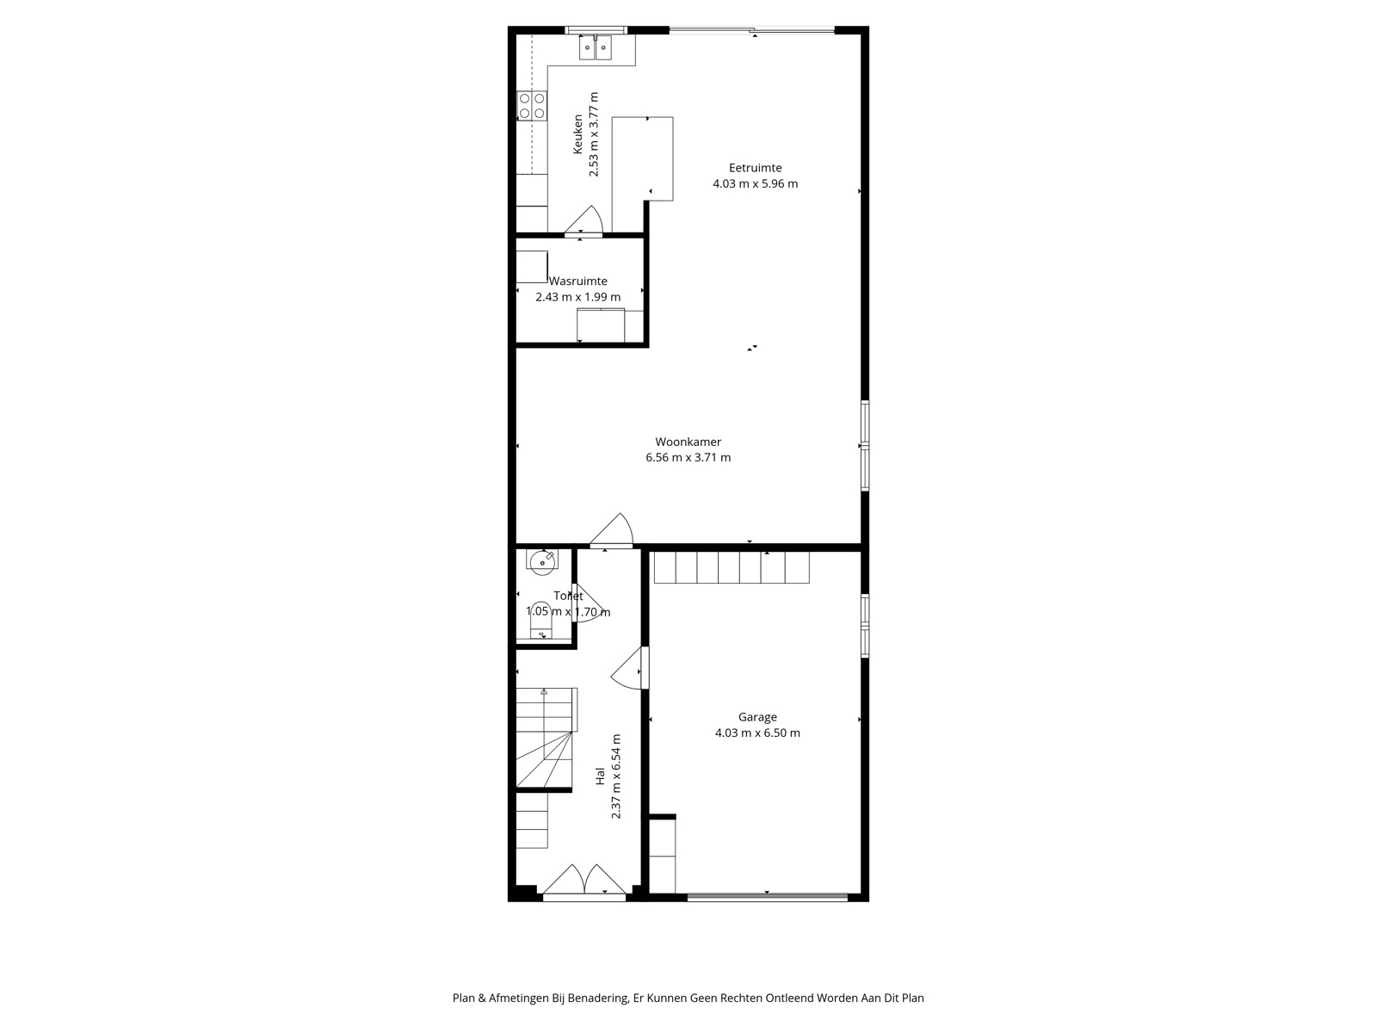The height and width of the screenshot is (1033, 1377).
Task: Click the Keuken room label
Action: tap(577, 133)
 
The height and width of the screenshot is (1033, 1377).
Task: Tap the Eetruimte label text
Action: tap(756, 168)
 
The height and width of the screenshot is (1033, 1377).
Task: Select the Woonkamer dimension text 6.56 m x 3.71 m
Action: tap(688, 458)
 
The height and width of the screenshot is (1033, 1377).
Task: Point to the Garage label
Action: tap(757, 717)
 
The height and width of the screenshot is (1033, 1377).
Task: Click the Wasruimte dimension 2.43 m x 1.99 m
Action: tap(577, 297)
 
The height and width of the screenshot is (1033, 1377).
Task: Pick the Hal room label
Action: tap(600, 776)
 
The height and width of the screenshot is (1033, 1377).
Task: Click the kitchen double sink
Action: tap(595, 47)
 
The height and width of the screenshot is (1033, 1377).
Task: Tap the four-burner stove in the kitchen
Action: tap(531, 106)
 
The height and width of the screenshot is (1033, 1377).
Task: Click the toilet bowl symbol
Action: tap(539, 620)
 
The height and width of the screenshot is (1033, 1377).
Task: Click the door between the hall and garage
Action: tap(629, 669)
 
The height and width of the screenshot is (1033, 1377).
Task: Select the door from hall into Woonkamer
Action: tap(611, 530)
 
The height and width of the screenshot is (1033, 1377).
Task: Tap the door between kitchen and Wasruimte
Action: tap(584, 220)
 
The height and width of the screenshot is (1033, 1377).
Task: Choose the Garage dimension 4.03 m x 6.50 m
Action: tap(757, 733)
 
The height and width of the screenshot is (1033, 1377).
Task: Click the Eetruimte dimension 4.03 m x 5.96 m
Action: tap(756, 183)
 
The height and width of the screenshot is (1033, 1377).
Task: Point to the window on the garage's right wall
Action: tap(865, 626)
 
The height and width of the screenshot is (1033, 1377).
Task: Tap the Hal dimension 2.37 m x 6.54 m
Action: tap(616, 776)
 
